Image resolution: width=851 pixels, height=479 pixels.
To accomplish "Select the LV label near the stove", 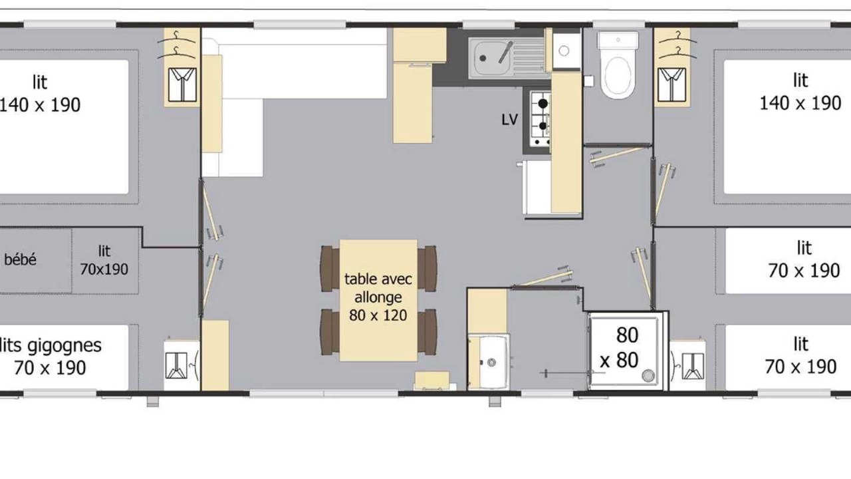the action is [x=509, y=120].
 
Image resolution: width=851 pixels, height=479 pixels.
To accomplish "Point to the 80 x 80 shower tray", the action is [x=628, y=351].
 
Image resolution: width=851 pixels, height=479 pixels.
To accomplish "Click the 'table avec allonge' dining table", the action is [x=378, y=300].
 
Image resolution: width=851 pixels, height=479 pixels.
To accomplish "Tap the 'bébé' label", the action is [x=20, y=259].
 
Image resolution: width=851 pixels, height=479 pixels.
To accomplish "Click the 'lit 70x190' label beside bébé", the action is [x=104, y=260].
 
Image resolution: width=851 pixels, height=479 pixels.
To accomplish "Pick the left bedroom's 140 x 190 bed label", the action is [x=40, y=94].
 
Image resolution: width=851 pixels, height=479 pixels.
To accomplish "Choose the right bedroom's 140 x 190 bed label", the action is [x=800, y=92].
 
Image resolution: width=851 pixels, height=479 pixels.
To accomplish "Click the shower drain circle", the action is [x=648, y=376].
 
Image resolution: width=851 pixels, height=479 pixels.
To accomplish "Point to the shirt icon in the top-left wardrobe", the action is [x=182, y=84].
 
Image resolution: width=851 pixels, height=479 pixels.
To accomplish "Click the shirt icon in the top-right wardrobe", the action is [x=671, y=84].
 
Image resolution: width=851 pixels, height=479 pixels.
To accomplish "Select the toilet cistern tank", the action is [x=618, y=41].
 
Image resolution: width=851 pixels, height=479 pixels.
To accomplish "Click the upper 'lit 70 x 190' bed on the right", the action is [x=789, y=261].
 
